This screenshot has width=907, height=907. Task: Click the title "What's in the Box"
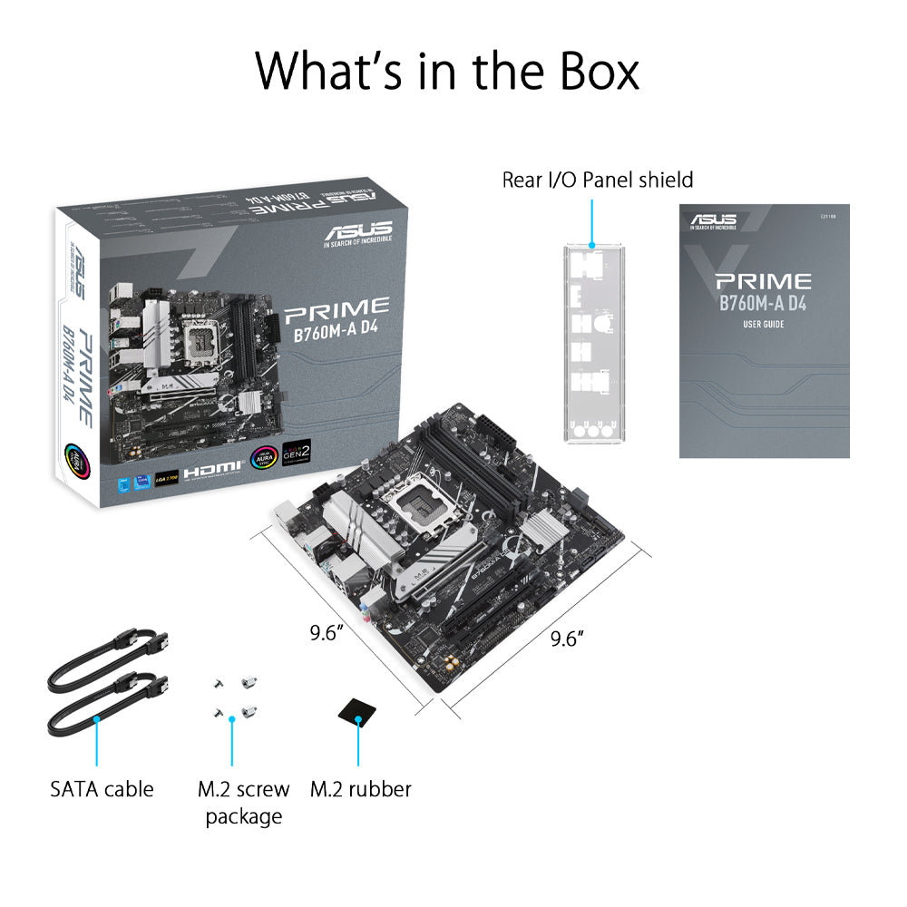click(447, 71)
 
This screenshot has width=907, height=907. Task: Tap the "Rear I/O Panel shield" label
click(597, 180)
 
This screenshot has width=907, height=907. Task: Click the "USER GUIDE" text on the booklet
click(763, 325)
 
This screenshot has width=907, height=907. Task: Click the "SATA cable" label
click(102, 788)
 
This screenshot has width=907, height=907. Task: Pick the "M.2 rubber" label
click(360, 788)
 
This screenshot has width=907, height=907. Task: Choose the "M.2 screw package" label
click(243, 802)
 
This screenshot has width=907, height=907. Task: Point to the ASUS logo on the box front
click(357, 230)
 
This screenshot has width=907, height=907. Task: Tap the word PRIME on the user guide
click(763, 281)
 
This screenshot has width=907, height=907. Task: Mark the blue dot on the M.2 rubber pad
click(358, 721)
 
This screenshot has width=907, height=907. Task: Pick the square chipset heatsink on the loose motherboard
click(548, 532)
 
